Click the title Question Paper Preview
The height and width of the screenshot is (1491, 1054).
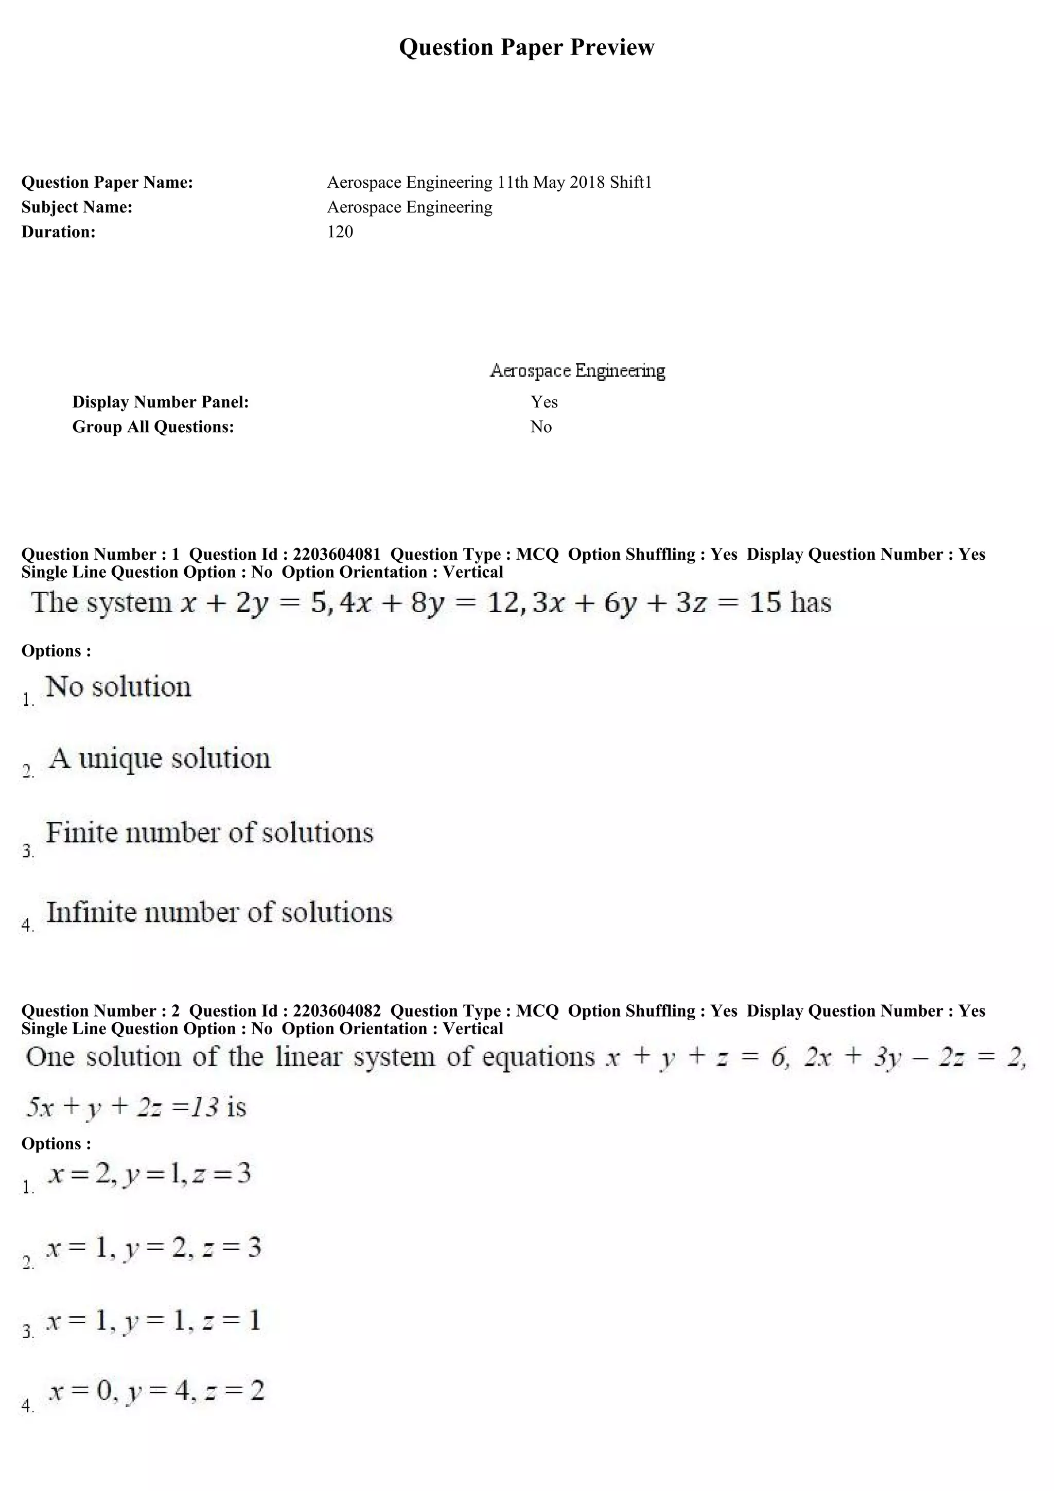point(526,47)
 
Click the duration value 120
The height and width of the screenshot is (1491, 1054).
point(340,232)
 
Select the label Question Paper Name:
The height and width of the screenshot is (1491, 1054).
point(107,183)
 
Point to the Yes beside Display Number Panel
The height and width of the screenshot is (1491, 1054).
point(543,402)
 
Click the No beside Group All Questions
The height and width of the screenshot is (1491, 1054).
point(540,427)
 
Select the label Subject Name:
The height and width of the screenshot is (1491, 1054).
point(77,207)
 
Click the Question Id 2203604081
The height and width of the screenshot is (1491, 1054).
point(337,554)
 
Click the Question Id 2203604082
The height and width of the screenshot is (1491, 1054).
point(337,1010)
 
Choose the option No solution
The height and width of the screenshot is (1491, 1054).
point(118,687)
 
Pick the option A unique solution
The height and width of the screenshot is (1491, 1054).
point(159,758)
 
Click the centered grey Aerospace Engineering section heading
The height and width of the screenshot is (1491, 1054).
point(577,371)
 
